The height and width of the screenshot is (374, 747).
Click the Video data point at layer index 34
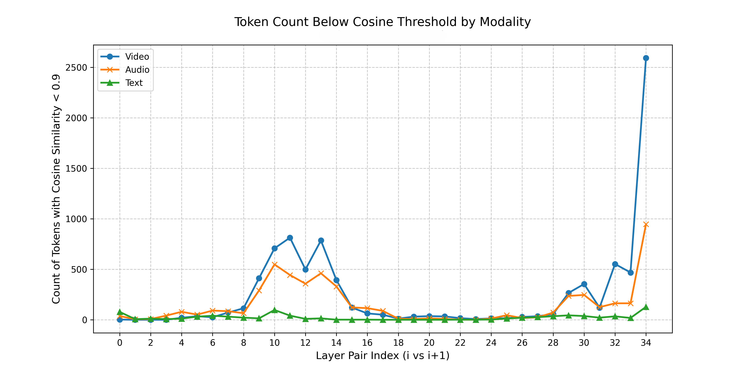click(x=646, y=58)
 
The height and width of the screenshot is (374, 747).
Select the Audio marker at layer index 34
click(x=646, y=224)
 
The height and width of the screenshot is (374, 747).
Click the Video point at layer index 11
click(x=290, y=238)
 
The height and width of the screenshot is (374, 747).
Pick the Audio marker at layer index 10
click(x=275, y=264)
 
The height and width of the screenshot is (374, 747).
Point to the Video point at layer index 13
click(x=321, y=240)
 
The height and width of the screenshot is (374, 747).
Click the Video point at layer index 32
click(x=615, y=264)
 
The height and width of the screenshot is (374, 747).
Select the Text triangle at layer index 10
click(x=275, y=310)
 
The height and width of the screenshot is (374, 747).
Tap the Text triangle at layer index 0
click(x=120, y=312)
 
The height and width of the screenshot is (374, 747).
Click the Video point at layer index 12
click(x=305, y=269)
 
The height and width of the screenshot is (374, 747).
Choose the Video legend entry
click(x=137, y=57)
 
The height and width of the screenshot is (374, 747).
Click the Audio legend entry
click(x=137, y=70)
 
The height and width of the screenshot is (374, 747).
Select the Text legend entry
click(x=134, y=83)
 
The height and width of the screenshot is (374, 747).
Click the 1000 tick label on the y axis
click(x=76, y=219)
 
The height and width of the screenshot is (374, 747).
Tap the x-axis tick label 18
click(x=398, y=343)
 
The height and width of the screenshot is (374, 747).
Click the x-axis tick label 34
click(x=646, y=343)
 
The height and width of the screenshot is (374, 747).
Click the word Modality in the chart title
click(x=505, y=22)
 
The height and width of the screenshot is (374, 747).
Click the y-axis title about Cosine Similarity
click(x=56, y=189)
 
